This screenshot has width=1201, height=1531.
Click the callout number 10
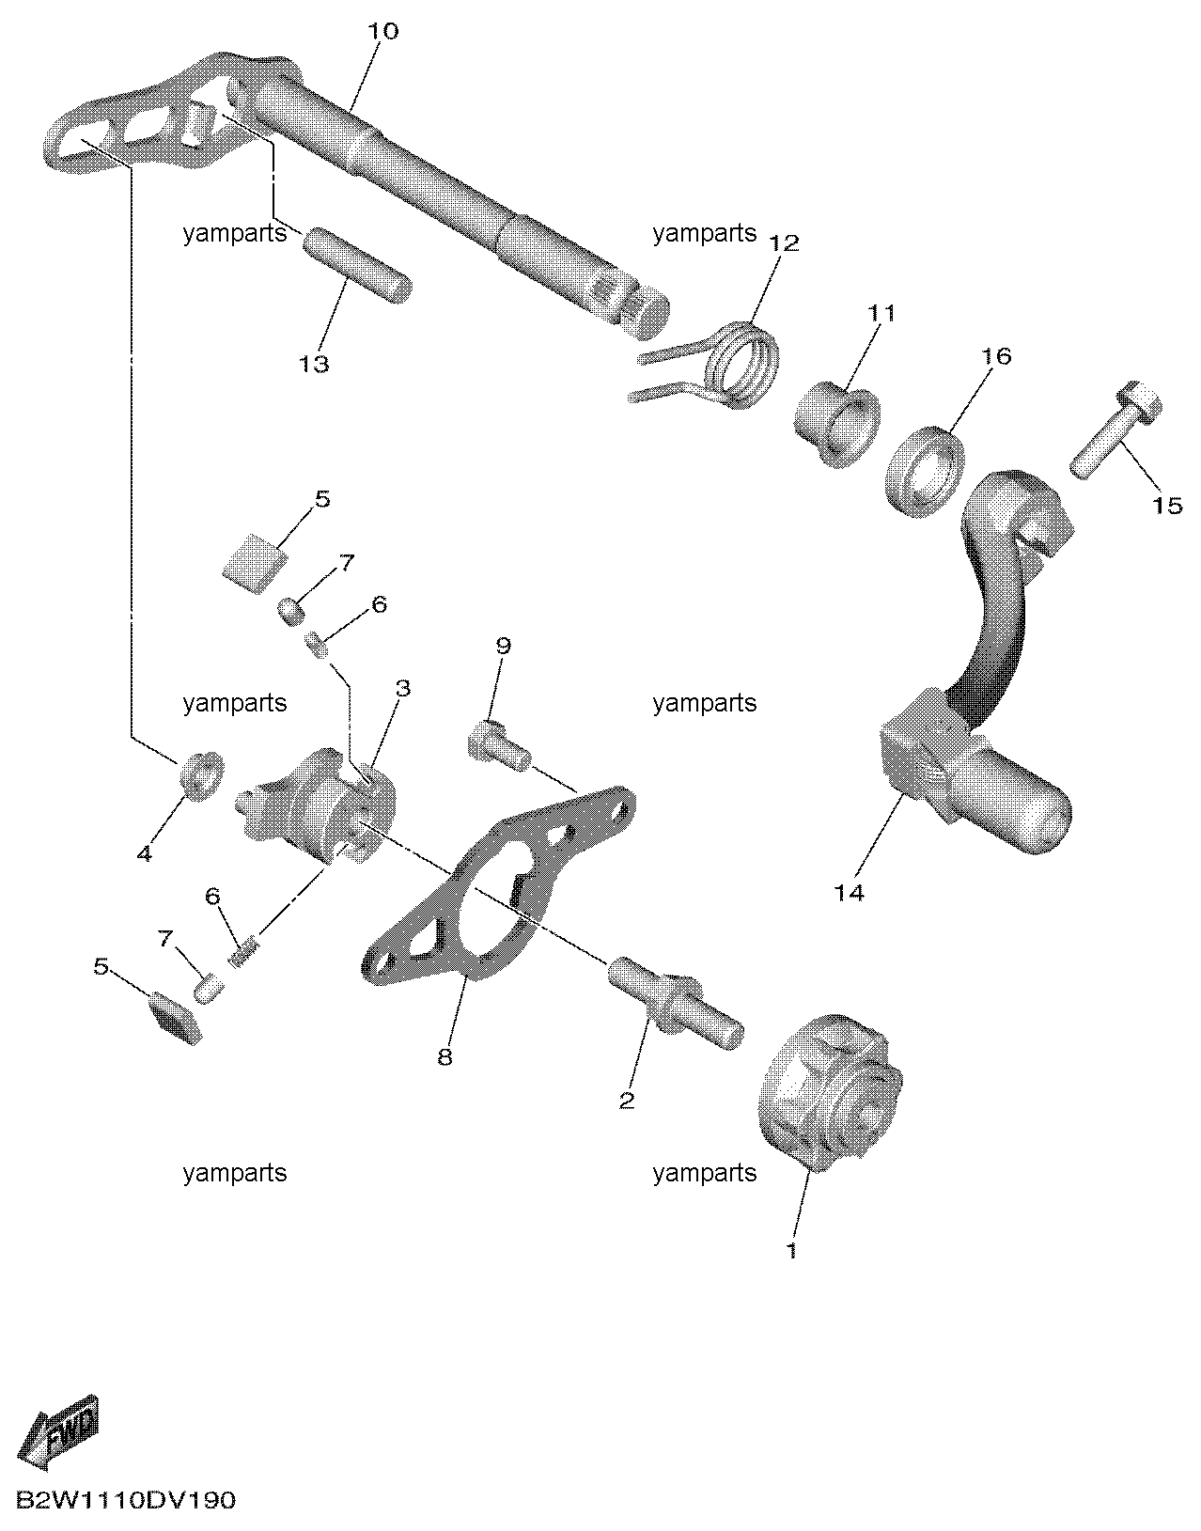point(382,31)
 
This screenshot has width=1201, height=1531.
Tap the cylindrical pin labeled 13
point(358,265)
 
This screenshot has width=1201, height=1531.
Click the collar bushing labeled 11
point(837,424)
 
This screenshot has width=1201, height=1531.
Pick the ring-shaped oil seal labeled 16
point(925,472)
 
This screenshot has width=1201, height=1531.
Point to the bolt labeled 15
point(1116,430)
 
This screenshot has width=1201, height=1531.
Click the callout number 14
point(849,894)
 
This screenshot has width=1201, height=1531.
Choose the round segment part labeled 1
point(829,1091)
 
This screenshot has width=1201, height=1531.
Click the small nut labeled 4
point(202,775)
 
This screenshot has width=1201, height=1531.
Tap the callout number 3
point(402,688)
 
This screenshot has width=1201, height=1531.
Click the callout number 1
point(792,1251)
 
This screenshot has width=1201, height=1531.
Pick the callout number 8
point(445,1056)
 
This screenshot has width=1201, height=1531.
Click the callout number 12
point(784,243)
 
